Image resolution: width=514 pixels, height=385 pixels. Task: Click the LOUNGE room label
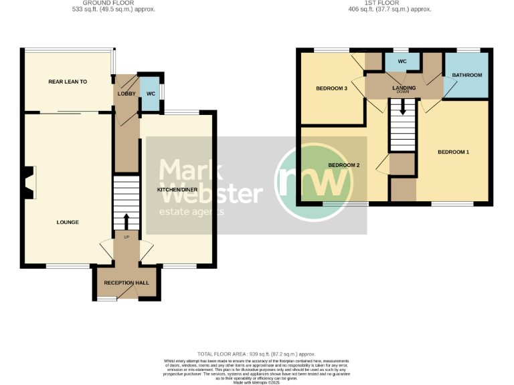pos(68,223)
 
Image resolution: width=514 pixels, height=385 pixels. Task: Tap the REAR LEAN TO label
pos(68,82)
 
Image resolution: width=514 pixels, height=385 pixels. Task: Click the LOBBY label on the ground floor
pos(126,94)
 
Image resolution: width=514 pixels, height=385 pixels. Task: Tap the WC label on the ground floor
pos(151,94)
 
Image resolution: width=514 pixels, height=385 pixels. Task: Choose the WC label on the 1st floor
pos(402,61)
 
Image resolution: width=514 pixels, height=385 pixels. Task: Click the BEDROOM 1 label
pos(453,152)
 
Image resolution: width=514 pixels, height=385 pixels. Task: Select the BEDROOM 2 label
pos(344,165)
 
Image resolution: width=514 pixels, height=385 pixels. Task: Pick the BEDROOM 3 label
pos(331,88)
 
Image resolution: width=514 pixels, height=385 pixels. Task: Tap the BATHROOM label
pos(466,76)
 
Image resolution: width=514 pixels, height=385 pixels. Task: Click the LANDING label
pos(404,88)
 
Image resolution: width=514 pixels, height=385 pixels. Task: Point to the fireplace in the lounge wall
pos(29,182)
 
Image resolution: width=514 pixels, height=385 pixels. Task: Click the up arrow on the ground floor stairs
pos(126,221)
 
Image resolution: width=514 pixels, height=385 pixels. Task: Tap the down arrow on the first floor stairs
pos(402,107)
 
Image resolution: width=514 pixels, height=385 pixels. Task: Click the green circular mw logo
pos(314,179)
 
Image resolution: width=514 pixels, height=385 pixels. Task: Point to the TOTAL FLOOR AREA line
pos(256,354)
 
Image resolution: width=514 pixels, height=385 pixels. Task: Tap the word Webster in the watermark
pos(209,193)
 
